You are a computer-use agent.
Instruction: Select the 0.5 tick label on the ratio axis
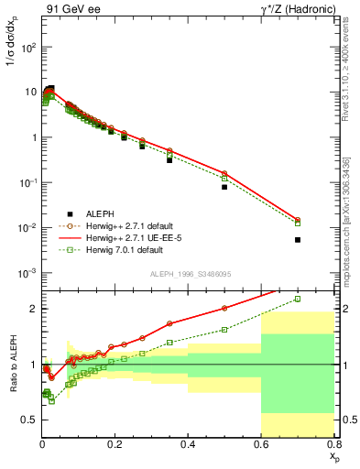[x=29, y=420]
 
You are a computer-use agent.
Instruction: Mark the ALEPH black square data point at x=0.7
[x=298, y=240]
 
